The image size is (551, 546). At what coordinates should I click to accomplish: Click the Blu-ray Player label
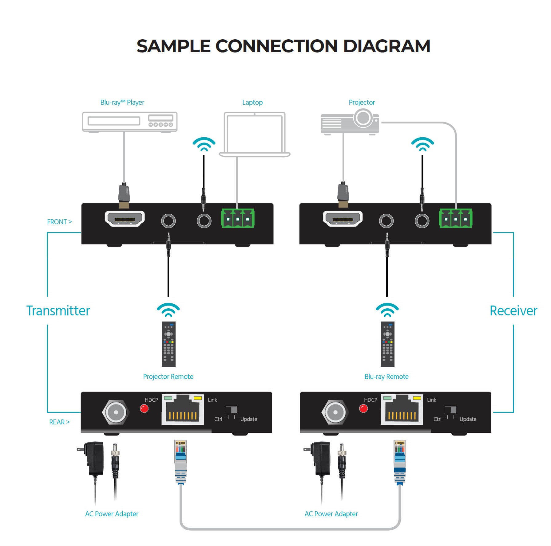pos(122,102)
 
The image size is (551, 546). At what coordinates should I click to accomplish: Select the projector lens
pos(363,118)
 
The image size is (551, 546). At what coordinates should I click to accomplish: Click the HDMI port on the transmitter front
pos(125,219)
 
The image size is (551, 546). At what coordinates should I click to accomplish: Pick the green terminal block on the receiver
pos(455,218)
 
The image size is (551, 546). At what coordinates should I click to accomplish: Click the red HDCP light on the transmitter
pos(144,408)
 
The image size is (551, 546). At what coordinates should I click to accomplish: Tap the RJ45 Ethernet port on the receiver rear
pos(402,410)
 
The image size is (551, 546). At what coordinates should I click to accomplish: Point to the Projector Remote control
pos(168,344)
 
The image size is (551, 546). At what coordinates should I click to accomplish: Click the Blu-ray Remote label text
pos(386,376)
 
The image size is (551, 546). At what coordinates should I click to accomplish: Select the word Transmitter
pos(58,311)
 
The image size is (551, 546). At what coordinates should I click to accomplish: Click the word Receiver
pos(513,311)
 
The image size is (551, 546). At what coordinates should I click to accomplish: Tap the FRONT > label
pos(59,222)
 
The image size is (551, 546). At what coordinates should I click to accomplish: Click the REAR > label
pos(59,422)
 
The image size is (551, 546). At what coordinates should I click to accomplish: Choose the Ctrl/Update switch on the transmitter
pos(231,410)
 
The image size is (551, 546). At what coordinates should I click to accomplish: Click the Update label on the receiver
pos(468,419)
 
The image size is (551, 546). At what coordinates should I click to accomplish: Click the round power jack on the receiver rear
pos(335,412)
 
